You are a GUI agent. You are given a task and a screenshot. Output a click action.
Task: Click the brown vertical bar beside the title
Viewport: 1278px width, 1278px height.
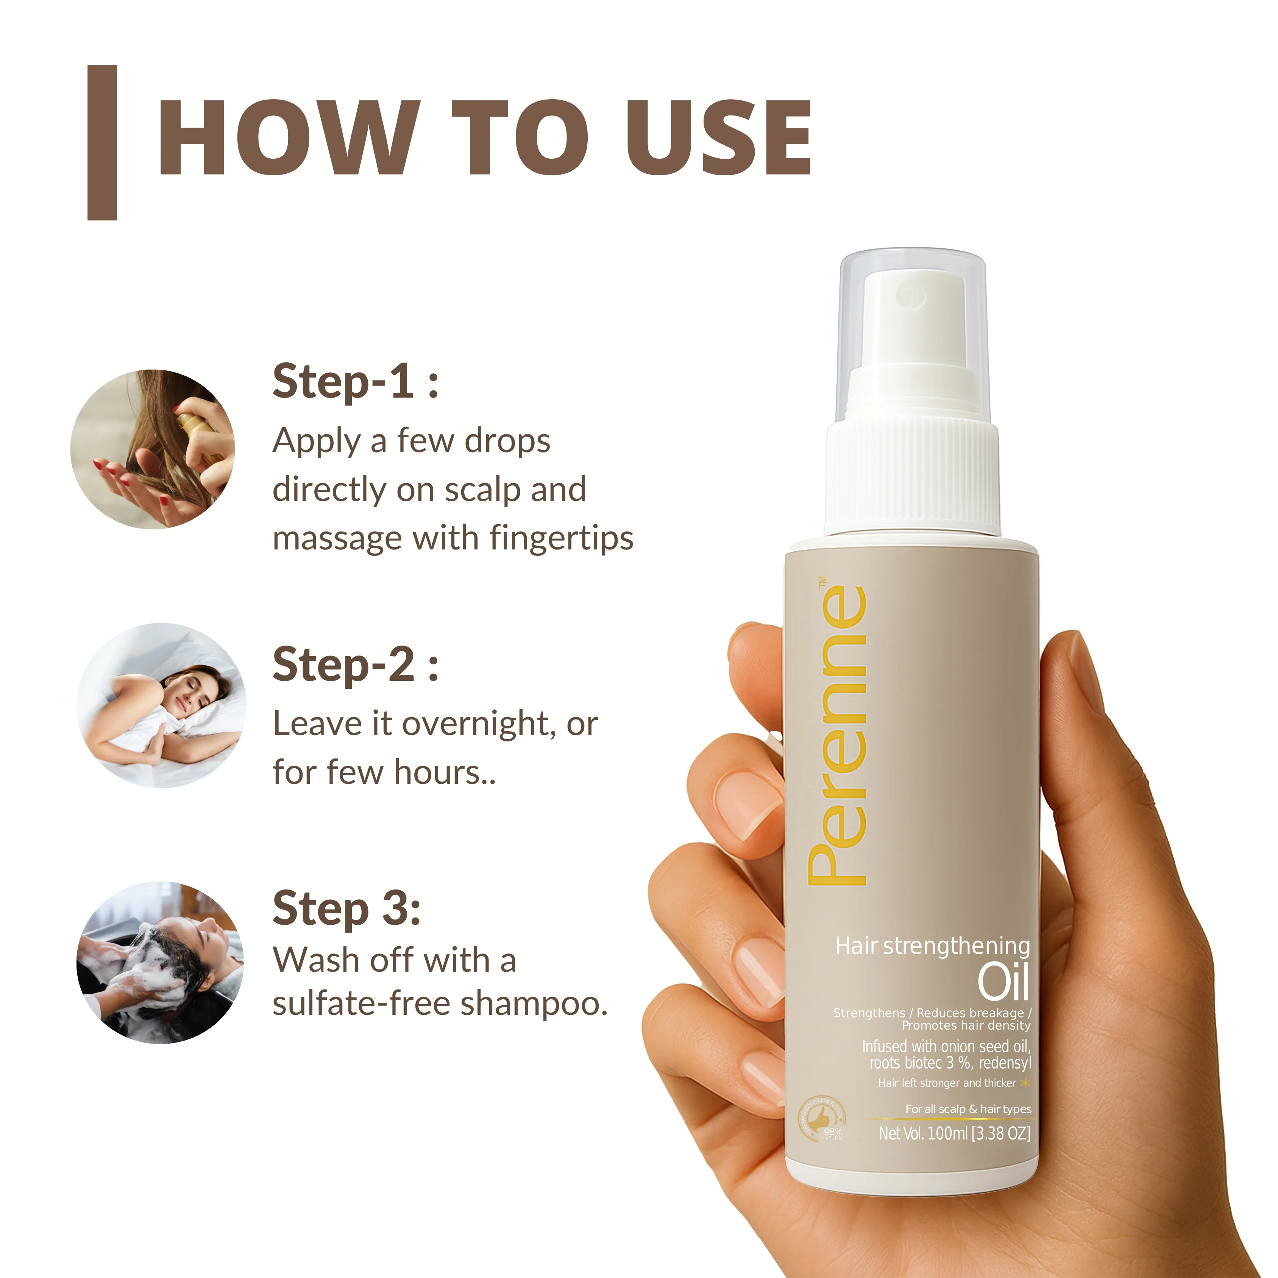103,142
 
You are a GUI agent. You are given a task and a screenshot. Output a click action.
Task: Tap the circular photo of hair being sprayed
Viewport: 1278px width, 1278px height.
153,449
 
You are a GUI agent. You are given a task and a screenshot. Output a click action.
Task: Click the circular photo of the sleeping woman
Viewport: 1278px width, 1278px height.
161,705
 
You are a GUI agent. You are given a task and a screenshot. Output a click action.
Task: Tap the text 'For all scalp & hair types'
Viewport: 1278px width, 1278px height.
968,1109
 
